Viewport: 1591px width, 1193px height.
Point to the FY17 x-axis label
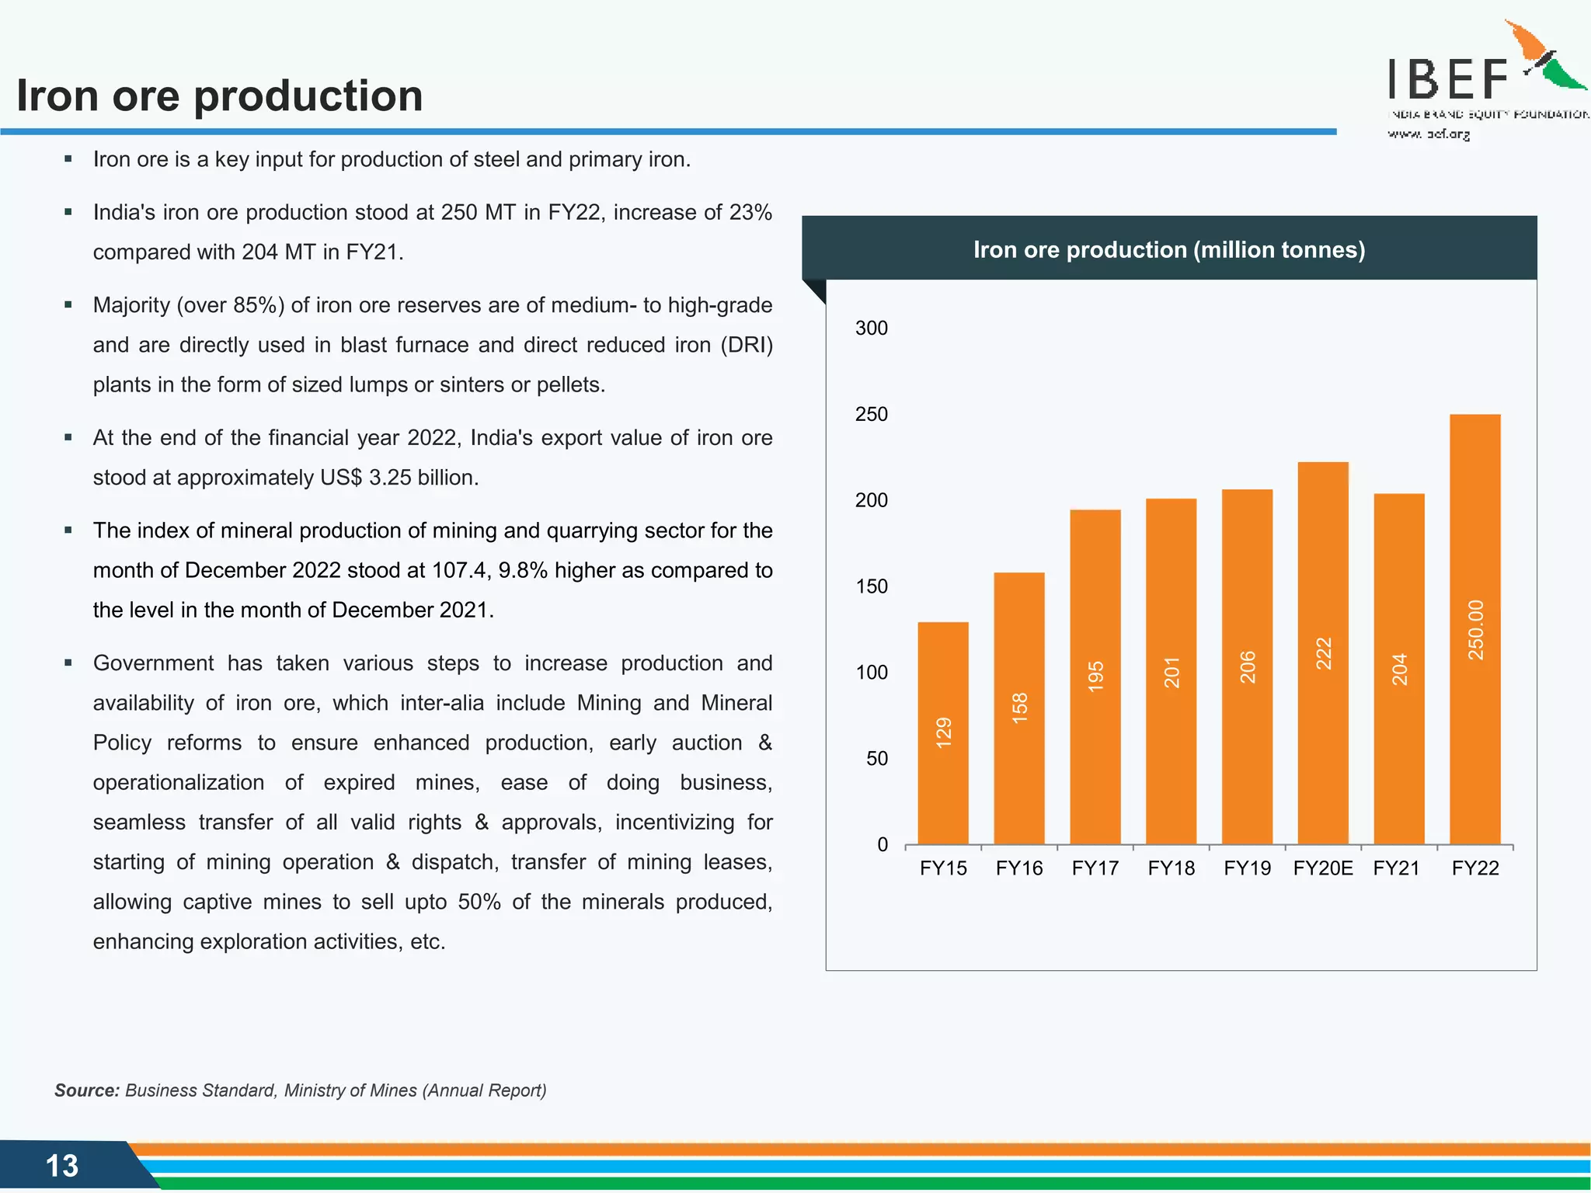click(x=1095, y=868)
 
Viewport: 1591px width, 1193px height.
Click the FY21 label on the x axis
click(x=1396, y=868)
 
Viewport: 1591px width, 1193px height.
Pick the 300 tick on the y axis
click(x=871, y=328)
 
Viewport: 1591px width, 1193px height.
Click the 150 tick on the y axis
click(x=871, y=586)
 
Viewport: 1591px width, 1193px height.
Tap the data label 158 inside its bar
click(x=1019, y=708)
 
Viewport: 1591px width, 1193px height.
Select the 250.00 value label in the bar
click(x=1475, y=630)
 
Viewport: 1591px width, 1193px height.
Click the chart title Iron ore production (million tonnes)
click(x=1168, y=249)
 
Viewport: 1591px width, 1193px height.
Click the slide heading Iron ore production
click(x=220, y=96)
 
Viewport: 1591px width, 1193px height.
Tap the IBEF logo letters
click(x=1447, y=79)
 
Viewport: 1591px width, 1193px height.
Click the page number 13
click(x=62, y=1166)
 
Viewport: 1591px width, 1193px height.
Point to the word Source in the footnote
click(x=86, y=1090)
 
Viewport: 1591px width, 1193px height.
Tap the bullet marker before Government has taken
click(x=68, y=663)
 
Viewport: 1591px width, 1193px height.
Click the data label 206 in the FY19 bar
click(x=1248, y=666)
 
